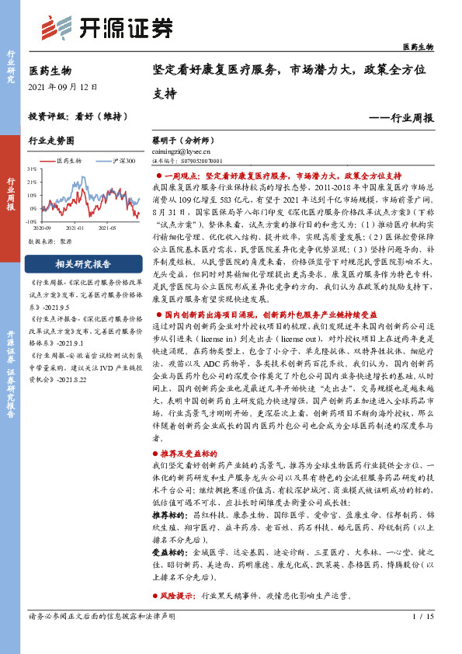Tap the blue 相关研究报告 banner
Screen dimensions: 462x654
[x=77, y=263]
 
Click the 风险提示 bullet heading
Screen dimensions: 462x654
[x=179, y=597]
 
